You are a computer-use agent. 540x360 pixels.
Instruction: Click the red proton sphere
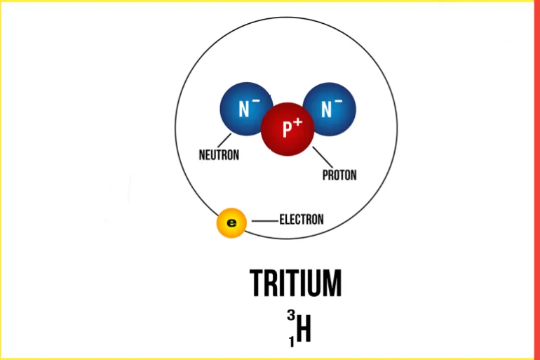pyautogui.click(x=288, y=129)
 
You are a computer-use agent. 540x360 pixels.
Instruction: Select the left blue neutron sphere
pyautogui.click(x=246, y=109)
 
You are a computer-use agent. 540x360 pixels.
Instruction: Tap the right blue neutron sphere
pyautogui.click(x=329, y=109)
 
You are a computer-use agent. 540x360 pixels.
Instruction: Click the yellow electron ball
pyautogui.click(x=231, y=223)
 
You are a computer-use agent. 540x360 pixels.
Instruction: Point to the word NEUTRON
pyautogui.click(x=219, y=154)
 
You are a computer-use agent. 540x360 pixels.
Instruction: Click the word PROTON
pyautogui.click(x=339, y=175)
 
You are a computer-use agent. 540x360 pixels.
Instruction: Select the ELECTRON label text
pyautogui.click(x=302, y=220)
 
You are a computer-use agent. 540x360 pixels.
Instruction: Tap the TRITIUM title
pyautogui.click(x=295, y=284)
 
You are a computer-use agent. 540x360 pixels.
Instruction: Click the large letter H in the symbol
pyautogui.click(x=304, y=328)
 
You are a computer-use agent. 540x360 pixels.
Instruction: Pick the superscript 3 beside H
pyautogui.click(x=291, y=315)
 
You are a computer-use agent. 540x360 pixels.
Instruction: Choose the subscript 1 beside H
pyautogui.click(x=292, y=342)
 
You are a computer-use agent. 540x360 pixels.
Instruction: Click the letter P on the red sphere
pyautogui.click(x=288, y=129)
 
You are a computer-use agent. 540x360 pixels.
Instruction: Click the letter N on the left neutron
pyautogui.click(x=243, y=109)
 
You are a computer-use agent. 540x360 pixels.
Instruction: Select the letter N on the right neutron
pyautogui.click(x=326, y=109)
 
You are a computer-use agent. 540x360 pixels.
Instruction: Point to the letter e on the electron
pyautogui.click(x=231, y=223)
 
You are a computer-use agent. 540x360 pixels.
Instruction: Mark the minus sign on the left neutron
pyautogui.click(x=256, y=101)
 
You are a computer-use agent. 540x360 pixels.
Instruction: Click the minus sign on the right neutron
pyautogui.click(x=339, y=101)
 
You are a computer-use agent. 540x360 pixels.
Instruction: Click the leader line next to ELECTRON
pyautogui.click(x=265, y=221)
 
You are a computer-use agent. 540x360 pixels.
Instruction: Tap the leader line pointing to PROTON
pyautogui.click(x=323, y=157)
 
